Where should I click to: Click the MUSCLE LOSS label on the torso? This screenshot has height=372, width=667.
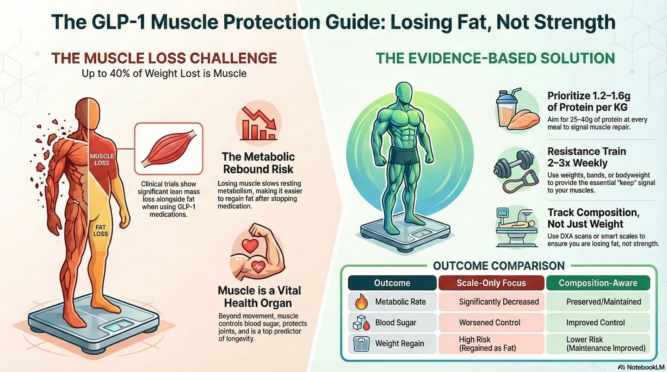[102, 159]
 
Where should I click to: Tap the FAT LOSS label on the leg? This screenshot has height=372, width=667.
[101, 230]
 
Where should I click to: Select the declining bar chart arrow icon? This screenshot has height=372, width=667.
[259, 124]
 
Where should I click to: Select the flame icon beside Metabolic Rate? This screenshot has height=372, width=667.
[361, 302]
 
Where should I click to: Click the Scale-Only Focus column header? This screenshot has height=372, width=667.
[491, 283]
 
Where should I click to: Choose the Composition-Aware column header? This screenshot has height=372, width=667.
[598, 283]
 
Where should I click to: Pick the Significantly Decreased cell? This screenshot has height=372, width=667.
[499, 302]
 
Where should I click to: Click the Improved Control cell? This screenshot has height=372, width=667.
[595, 323]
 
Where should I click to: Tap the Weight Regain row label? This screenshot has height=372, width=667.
[399, 343]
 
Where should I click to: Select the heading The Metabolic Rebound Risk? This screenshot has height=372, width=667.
[258, 163]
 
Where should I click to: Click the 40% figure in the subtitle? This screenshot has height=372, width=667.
[120, 74]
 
